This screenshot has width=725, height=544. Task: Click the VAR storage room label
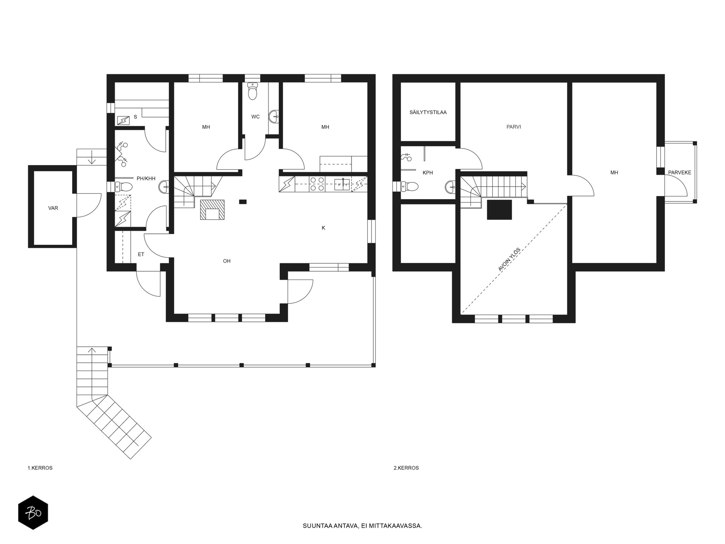[x=53, y=208]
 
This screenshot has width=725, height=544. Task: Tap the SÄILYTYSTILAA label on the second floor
[x=428, y=112]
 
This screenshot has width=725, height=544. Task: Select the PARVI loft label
[x=514, y=127]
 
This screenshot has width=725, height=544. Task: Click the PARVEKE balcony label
[x=680, y=173]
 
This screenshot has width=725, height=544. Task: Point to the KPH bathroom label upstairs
[x=428, y=173]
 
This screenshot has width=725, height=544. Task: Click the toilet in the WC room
[x=253, y=91]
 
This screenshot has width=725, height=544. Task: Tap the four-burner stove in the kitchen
[x=316, y=184]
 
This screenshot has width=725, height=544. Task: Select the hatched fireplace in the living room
[x=213, y=210]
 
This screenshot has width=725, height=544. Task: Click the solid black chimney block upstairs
[x=499, y=210]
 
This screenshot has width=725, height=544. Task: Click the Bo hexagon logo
[x=33, y=513]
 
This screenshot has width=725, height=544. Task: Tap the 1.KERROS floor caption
[x=40, y=468]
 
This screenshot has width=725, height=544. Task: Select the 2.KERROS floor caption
[x=406, y=468]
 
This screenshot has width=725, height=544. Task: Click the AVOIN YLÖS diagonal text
[x=509, y=260]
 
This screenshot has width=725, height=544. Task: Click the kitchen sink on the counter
[x=342, y=184]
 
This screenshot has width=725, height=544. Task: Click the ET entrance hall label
[x=141, y=255]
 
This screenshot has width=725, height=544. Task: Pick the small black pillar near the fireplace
[x=243, y=202]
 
